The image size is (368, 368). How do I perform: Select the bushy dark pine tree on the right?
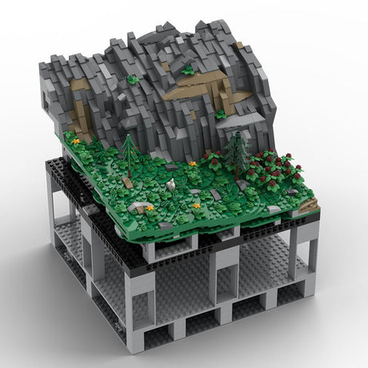tap(237, 152)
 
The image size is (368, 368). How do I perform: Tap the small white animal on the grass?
tap(170, 185)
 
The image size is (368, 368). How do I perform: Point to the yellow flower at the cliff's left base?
tap(76, 141)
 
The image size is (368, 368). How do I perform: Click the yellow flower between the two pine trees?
tap(193, 163)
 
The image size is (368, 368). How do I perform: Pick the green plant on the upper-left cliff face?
tap(134, 79)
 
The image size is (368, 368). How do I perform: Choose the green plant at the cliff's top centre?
tap(188, 70)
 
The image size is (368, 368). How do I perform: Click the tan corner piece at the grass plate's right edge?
tap(310, 206)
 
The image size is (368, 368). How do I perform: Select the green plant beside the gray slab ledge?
tap(220, 114)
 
